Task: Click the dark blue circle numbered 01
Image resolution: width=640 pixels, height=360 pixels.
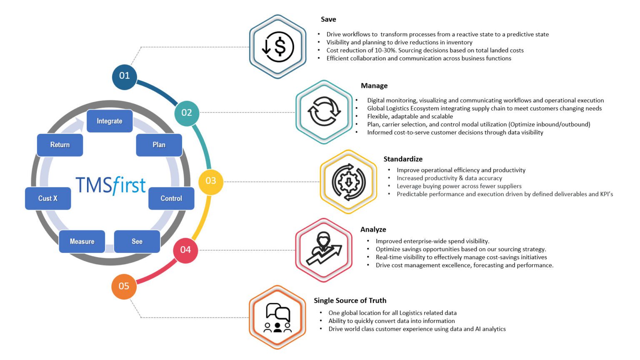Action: [124, 76]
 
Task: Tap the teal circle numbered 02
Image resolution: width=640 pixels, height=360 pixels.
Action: [187, 113]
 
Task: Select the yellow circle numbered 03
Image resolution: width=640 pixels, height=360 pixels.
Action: [210, 181]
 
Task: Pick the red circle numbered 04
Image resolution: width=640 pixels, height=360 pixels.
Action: [185, 250]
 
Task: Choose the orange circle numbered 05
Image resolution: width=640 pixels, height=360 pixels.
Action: [124, 286]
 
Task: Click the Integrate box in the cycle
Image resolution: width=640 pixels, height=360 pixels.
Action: [110, 121]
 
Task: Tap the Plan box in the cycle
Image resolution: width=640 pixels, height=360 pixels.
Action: [159, 145]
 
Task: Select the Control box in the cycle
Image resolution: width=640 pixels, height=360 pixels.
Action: [171, 198]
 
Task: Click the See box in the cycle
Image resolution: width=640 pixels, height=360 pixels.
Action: [137, 242]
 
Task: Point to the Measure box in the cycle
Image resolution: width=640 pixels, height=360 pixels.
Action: [82, 242]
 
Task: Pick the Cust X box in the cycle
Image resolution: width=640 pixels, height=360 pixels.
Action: [48, 198]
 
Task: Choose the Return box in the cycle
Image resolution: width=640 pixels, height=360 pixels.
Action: [60, 145]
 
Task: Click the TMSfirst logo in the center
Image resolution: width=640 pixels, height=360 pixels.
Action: [110, 185]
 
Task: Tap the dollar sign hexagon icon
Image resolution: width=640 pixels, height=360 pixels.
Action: [277, 47]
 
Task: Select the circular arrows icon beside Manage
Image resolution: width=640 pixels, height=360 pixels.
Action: [324, 112]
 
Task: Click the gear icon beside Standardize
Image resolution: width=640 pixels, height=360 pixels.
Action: [348, 182]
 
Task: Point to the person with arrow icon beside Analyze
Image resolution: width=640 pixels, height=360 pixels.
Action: [324, 250]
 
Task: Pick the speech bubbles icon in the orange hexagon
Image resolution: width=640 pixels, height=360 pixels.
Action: [277, 317]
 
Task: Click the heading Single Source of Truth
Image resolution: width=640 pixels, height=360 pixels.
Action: [350, 301]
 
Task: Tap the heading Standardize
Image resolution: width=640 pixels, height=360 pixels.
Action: [403, 159]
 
